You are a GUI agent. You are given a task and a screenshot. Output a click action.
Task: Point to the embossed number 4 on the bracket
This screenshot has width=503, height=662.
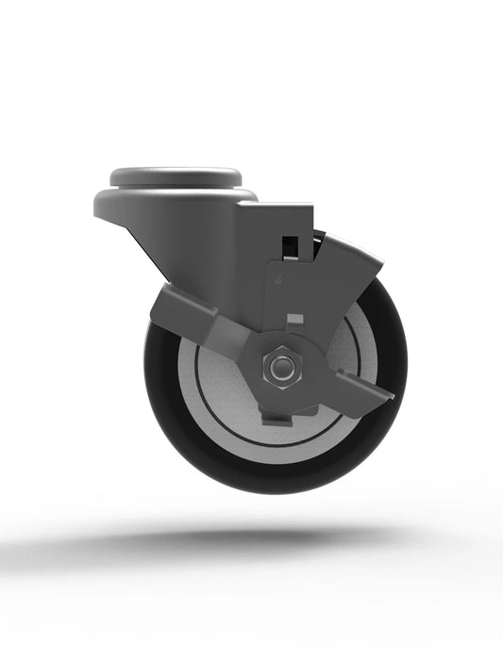coord(280,280)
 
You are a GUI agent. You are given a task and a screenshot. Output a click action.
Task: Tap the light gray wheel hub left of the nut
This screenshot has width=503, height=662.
coord(212,377)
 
